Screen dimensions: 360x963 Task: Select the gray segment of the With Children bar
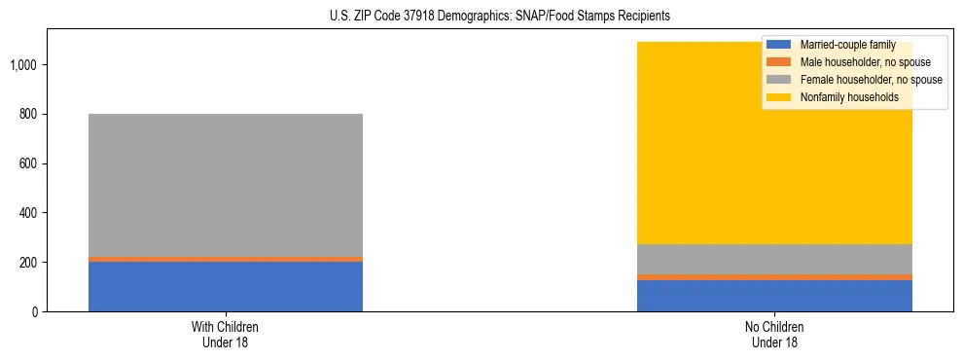click(226, 185)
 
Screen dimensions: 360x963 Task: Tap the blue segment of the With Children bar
click(226, 286)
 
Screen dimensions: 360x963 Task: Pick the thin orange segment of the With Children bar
click(226, 259)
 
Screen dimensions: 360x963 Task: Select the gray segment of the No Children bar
click(774, 259)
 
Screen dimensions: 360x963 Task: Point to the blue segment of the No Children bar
click(774, 296)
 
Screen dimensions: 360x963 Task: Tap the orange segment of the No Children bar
click(774, 277)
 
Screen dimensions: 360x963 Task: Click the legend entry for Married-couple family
click(847, 45)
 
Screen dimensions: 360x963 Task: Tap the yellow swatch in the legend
click(779, 97)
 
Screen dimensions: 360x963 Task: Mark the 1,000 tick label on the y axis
click(25, 65)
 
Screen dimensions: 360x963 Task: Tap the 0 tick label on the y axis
click(35, 311)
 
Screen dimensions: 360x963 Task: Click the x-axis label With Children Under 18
click(226, 334)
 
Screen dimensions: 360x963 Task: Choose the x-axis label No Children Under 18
click(774, 334)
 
